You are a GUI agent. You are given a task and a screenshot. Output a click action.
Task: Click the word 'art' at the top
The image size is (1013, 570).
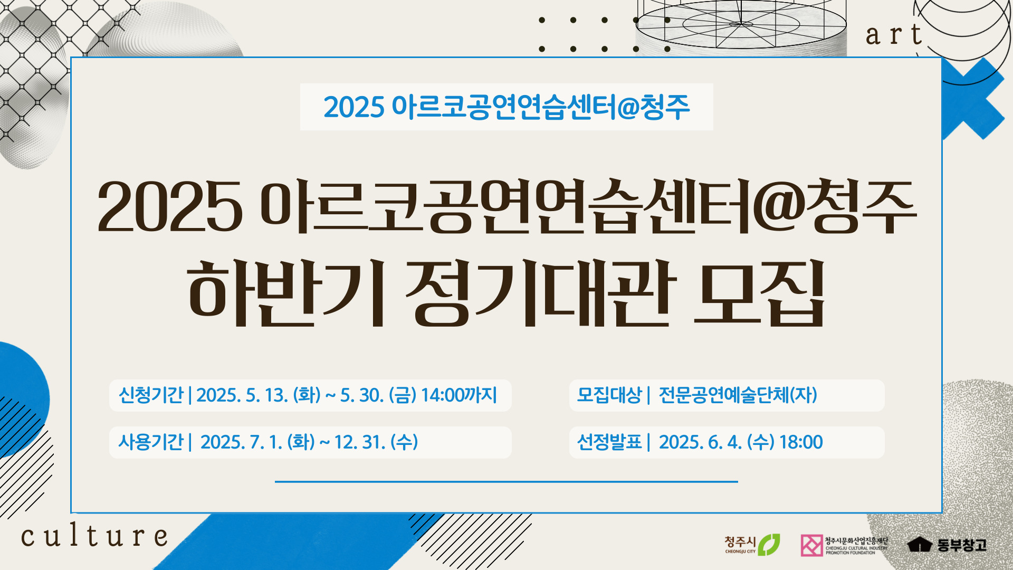pyautogui.click(x=894, y=34)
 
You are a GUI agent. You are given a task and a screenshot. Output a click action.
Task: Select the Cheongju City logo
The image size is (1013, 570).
pyautogui.click(x=752, y=545)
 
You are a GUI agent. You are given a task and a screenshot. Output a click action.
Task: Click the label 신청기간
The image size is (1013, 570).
pyautogui.click(x=151, y=395)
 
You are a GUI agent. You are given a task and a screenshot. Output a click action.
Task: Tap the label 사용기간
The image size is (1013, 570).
pyautogui.click(x=151, y=442)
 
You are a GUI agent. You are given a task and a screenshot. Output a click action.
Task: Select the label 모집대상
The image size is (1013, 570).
pyautogui.click(x=609, y=395)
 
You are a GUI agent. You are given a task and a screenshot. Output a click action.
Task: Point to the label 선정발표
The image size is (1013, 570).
pyautogui.click(x=609, y=442)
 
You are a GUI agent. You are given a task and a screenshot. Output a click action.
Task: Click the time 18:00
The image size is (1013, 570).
pyautogui.click(x=801, y=442)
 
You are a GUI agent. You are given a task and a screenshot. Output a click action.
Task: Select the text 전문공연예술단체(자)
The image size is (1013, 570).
pyautogui.click(x=738, y=395)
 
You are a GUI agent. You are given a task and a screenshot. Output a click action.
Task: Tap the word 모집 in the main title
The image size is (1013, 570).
pyautogui.click(x=759, y=292)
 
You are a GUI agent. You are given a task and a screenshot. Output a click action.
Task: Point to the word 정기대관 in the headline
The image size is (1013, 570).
pyautogui.click(x=541, y=292)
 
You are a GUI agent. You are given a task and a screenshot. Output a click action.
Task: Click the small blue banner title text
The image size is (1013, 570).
pyautogui.click(x=506, y=107)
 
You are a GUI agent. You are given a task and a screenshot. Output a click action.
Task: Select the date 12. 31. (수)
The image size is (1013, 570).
pyautogui.click(x=376, y=442)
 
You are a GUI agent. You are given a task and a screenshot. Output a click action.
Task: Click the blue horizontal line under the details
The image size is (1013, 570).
pyautogui.click(x=506, y=481)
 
